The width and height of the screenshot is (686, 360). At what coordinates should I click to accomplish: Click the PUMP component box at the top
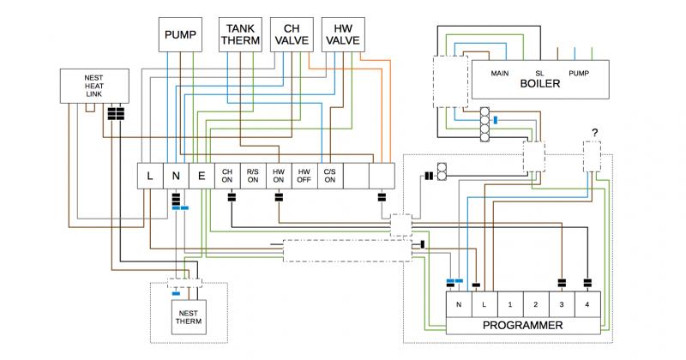pyautogui.click(x=181, y=36)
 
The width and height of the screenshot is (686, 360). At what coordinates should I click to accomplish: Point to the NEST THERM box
pyautogui.click(x=189, y=316)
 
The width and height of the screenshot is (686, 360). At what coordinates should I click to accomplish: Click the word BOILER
pyautogui.click(x=539, y=84)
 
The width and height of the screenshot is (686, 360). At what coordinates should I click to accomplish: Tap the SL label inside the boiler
pyautogui.click(x=540, y=73)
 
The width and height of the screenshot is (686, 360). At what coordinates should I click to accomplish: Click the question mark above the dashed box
pyautogui.click(x=593, y=132)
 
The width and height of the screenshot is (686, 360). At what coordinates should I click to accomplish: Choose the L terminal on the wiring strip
pyautogui.click(x=150, y=176)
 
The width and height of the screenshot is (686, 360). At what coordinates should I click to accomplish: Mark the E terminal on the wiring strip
pyautogui.click(x=201, y=176)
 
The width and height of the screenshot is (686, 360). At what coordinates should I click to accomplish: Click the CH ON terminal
pyautogui.click(x=227, y=176)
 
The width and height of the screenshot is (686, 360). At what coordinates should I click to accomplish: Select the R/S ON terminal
pyautogui.click(x=252, y=176)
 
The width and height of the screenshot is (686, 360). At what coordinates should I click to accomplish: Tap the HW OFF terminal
pyautogui.click(x=304, y=176)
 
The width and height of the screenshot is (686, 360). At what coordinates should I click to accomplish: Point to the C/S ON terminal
pyautogui.click(x=329, y=176)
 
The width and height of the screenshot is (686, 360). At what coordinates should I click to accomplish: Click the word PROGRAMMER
pyautogui.click(x=522, y=326)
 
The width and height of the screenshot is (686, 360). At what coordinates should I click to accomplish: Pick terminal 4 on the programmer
pyautogui.click(x=587, y=304)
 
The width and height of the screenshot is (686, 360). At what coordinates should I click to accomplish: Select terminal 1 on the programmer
pyautogui.click(x=509, y=304)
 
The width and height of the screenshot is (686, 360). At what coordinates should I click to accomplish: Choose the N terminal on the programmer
pyautogui.click(x=459, y=304)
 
